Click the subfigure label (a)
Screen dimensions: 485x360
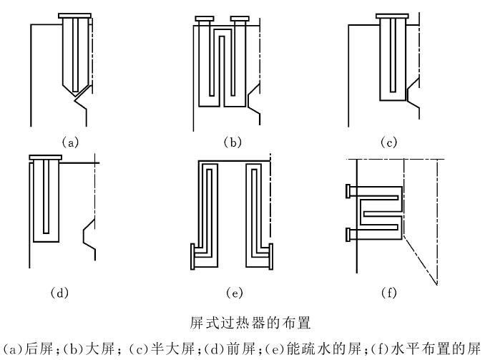(x=71, y=142)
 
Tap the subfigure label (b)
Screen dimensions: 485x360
(x=232, y=142)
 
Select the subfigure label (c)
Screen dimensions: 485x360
(x=388, y=142)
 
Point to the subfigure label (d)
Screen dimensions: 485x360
(x=59, y=293)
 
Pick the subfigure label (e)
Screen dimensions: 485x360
(x=235, y=293)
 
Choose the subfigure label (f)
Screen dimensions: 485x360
(x=389, y=293)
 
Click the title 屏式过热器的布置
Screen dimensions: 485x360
(x=250, y=323)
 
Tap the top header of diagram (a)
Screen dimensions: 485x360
(x=74, y=16)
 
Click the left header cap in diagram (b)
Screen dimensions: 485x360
(x=205, y=19)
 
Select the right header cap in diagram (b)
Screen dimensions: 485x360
(x=240, y=19)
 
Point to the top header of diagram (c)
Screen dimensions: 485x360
(x=392, y=16)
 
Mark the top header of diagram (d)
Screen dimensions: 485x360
(x=46, y=157)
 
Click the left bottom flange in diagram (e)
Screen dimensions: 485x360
(x=192, y=256)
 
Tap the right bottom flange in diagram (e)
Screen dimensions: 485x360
(x=271, y=256)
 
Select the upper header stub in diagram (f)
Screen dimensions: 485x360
(x=348, y=191)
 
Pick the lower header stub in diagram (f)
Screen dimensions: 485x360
(x=348, y=234)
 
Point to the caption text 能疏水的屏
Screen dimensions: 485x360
(x=324, y=349)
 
